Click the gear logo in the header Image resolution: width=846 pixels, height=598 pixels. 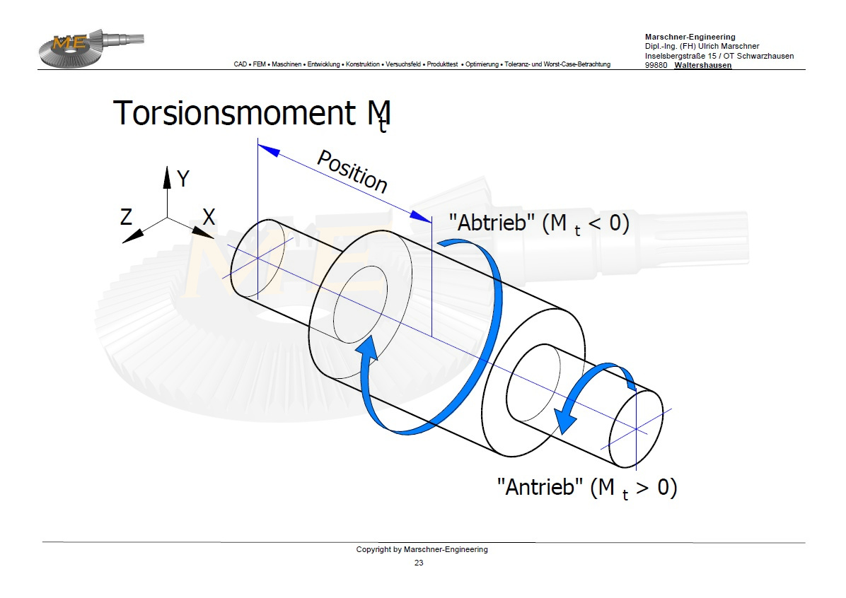(x=91, y=48)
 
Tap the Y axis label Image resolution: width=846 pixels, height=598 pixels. (x=183, y=179)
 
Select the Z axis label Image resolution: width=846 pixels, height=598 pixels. (x=126, y=217)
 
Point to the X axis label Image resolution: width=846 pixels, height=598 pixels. (x=209, y=217)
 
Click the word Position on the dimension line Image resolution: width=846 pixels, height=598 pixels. (x=352, y=171)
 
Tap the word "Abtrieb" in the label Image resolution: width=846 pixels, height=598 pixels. (x=492, y=222)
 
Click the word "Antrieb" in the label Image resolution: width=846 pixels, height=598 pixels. (x=540, y=487)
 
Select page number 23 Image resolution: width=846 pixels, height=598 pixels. (x=419, y=563)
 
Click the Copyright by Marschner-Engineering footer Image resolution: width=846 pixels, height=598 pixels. (x=422, y=549)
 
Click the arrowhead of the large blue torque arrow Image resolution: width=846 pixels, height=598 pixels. (x=367, y=347)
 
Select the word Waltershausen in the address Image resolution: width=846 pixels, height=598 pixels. (x=703, y=65)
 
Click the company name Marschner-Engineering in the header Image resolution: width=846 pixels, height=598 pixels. (x=690, y=37)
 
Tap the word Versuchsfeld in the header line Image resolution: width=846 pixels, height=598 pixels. (x=403, y=64)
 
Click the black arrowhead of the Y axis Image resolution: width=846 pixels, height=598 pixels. (x=167, y=177)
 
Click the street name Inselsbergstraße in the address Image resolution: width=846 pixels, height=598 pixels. (x=676, y=56)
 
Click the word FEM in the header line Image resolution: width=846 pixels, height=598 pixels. (x=259, y=64)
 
